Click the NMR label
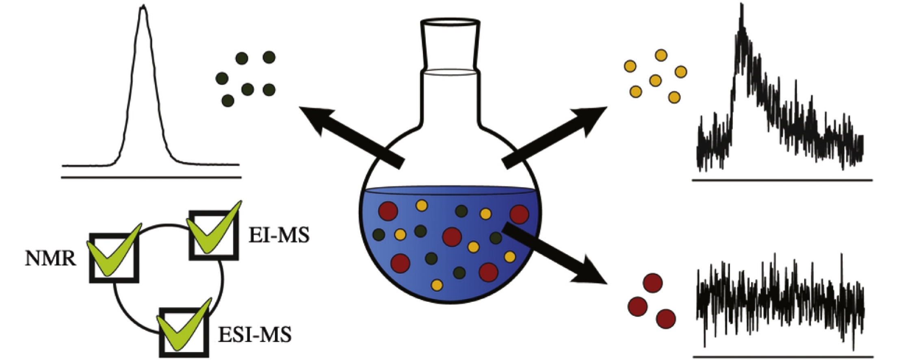coord(50,258)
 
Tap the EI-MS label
coord(279,235)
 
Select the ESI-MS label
coord(255,335)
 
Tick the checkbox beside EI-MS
coord(214,235)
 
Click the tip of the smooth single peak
coord(143,7)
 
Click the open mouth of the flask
coord(450,22)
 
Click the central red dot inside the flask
coord(452,237)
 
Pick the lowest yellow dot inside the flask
coord(437,285)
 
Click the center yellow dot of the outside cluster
coord(655,80)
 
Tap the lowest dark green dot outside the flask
coord(228,100)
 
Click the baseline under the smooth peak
coord(151,178)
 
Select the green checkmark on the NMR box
coord(114,252)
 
